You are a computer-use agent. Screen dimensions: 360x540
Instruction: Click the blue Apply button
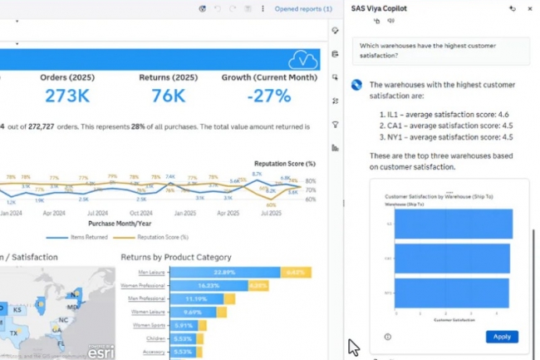(x=502, y=337)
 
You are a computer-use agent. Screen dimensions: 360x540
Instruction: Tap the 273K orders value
(x=67, y=96)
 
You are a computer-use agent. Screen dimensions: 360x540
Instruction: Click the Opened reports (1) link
(x=303, y=9)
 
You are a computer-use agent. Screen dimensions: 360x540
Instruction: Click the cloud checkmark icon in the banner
(x=302, y=59)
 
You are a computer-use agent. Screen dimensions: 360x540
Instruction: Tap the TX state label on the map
(x=14, y=333)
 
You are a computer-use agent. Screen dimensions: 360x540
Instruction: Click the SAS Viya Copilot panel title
(x=385, y=8)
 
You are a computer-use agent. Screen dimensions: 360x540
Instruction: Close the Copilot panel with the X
(x=530, y=8)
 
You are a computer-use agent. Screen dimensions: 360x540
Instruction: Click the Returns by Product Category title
(x=175, y=257)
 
